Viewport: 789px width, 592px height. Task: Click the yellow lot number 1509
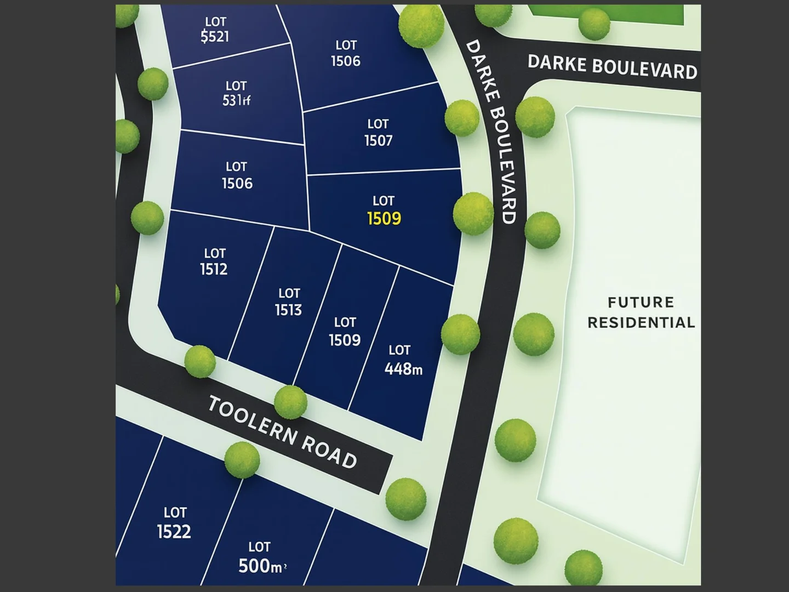point(384,219)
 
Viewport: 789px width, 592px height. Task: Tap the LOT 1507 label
point(378,133)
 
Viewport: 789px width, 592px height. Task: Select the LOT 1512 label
point(214,261)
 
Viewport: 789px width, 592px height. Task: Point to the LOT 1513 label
point(289,302)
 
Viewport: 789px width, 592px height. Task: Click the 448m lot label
point(403,368)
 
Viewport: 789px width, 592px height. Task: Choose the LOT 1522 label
point(174,523)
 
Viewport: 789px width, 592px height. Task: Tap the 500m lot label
point(261,565)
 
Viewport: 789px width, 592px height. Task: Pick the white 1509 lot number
point(345,340)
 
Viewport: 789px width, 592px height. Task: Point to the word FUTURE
point(641,303)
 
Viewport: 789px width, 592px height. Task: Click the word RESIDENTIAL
point(641,322)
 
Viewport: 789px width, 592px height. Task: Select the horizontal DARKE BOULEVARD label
point(612,67)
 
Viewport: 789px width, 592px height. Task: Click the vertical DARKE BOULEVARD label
point(491,132)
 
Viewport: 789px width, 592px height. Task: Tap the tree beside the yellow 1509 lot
point(473,213)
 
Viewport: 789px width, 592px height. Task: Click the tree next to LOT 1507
point(461,117)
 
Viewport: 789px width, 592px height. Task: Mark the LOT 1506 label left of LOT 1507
point(346,53)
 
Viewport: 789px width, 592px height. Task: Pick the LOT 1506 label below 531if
point(237,175)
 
